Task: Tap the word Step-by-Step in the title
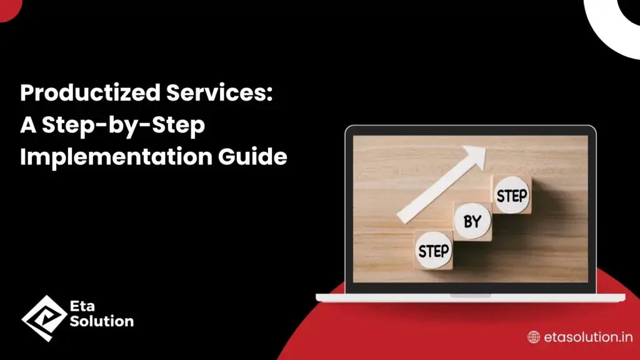click(122, 126)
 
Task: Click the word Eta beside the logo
click(82, 307)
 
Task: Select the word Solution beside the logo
click(102, 322)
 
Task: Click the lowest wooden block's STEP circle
click(433, 251)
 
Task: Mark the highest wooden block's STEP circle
click(511, 195)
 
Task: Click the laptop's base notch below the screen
click(470, 295)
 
